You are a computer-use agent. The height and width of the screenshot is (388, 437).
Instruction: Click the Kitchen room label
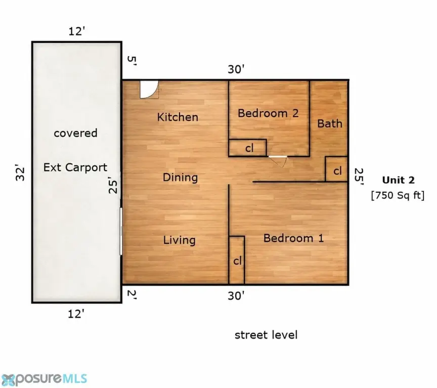tap(178, 117)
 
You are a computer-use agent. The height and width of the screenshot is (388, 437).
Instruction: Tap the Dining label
tap(181, 177)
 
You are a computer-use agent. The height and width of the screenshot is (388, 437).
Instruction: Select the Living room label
tap(179, 240)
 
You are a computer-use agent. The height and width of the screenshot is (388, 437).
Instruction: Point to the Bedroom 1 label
tap(293, 238)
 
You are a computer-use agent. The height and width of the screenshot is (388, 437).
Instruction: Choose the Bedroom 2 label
tap(268, 113)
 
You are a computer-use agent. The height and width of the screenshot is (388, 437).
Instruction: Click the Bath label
tap(330, 123)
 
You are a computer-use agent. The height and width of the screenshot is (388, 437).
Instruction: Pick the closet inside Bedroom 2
tap(247, 148)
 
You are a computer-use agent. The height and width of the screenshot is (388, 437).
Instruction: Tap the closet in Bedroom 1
tap(237, 260)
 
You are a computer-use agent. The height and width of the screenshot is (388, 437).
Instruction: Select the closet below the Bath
tap(336, 169)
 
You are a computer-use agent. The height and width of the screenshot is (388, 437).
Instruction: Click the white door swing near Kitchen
tap(149, 90)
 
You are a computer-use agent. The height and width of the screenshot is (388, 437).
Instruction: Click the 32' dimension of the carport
tap(20, 174)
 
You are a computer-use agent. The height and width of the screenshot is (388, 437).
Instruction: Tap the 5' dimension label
tap(132, 61)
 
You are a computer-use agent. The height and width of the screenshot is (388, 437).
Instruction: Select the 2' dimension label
tap(132, 294)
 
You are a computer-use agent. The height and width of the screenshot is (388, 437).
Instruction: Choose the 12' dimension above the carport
tap(77, 31)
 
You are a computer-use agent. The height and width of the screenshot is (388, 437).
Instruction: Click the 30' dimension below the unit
tap(236, 296)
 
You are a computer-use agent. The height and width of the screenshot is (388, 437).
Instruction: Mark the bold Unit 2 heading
tap(398, 180)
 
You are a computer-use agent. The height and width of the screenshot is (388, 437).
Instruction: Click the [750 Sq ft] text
tap(398, 195)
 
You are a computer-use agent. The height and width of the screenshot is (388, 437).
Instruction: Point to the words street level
tap(266, 335)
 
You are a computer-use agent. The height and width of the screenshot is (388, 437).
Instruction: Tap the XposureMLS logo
tap(44, 379)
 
